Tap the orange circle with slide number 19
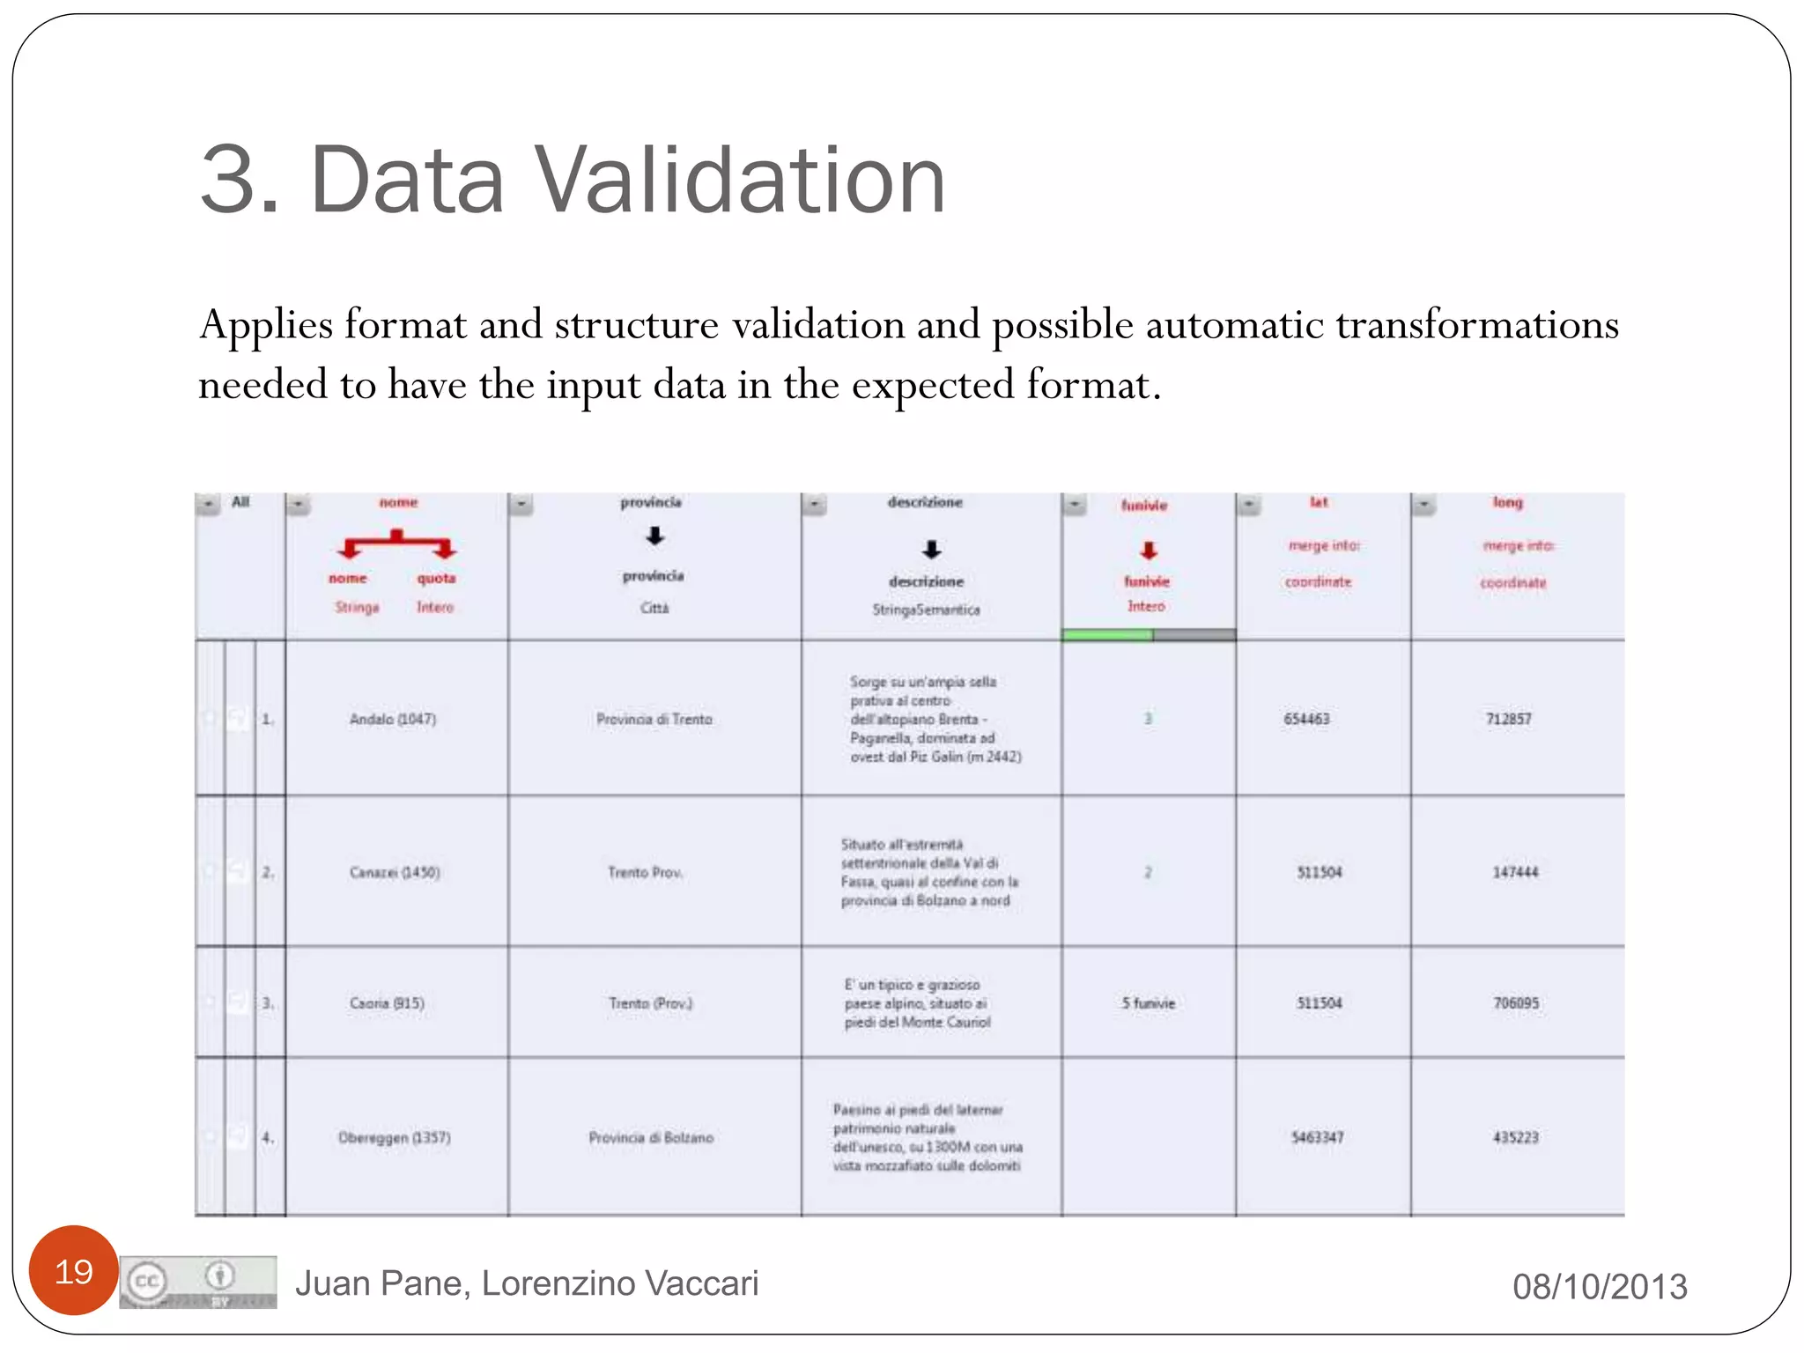(x=74, y=1270)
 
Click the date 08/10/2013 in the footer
(x=1600, y=1286)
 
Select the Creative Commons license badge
(x=198, y=1282)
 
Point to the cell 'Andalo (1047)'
(x=393, y=719)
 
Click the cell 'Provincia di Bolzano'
(x=651, y=1137)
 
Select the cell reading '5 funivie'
(x=1149, y=1002)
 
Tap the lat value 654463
(x=1306, y=719)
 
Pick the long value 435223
(x=1515, y=1137)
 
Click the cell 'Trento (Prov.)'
(x=651, y=1002)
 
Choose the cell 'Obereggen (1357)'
(x=395, y=1137)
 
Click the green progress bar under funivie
(x=1107, y=634)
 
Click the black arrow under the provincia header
(x=654, y=536)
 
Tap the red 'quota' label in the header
(x=436, y=578)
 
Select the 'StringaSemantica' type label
(x=926, y=609)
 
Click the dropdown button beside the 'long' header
(x=1424, y=505)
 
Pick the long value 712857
(x=1508, y=719)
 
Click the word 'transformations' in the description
(x=1477, y=324)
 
